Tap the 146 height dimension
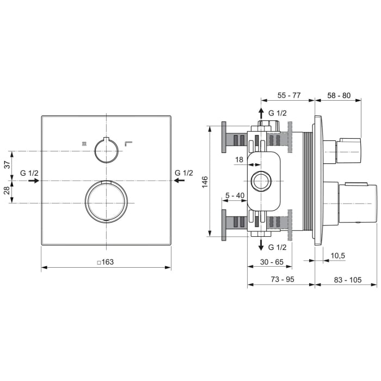(204, 181)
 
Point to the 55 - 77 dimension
(288, 95)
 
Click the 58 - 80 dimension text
(339, 95)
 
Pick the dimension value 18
(239, 159)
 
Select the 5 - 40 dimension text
(233, 195)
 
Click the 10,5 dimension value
(338, 255)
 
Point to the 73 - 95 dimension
(281, 279)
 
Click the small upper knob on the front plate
(106, 151)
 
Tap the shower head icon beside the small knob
(83, 144)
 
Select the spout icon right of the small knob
(128, 144)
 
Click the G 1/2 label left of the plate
(29, 173)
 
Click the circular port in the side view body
(261, 181)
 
